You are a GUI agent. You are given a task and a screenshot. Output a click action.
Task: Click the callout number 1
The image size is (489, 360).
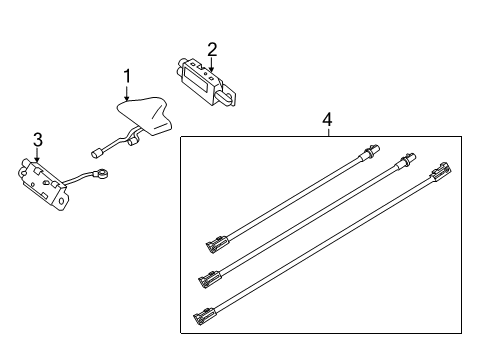tap(127, 76)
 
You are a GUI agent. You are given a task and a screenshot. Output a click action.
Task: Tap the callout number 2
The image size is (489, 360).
tap(211, 48)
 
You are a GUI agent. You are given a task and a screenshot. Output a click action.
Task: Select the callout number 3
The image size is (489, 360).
tap(37, 139)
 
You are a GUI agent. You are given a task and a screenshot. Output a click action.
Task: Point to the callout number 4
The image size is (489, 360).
tap(326, 119)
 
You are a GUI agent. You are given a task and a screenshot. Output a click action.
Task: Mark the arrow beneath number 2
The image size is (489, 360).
tap(211, 63)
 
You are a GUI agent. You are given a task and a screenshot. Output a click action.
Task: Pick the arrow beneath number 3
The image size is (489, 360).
tap(37, 154)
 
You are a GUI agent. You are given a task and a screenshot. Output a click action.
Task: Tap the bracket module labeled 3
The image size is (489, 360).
tap(41, 182)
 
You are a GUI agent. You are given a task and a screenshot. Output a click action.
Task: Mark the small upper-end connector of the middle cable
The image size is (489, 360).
tap(408, 158)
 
